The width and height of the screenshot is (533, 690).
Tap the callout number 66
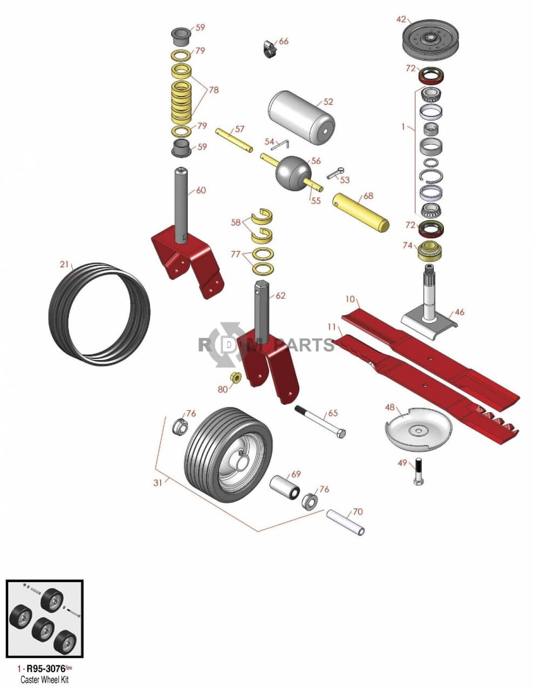click(284, 42)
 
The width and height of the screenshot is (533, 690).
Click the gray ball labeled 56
click(290, 170)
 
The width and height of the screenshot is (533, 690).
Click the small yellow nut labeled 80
click(236, 377)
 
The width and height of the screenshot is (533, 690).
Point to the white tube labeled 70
click(345, 521)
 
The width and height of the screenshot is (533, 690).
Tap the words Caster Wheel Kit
click(44, 680)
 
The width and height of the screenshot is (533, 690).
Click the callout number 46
click(460, 312)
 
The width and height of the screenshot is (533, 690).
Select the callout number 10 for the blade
click(351, 299)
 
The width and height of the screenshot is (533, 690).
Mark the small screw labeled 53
click(334, 174)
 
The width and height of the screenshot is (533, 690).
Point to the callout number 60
click(201, 190)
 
